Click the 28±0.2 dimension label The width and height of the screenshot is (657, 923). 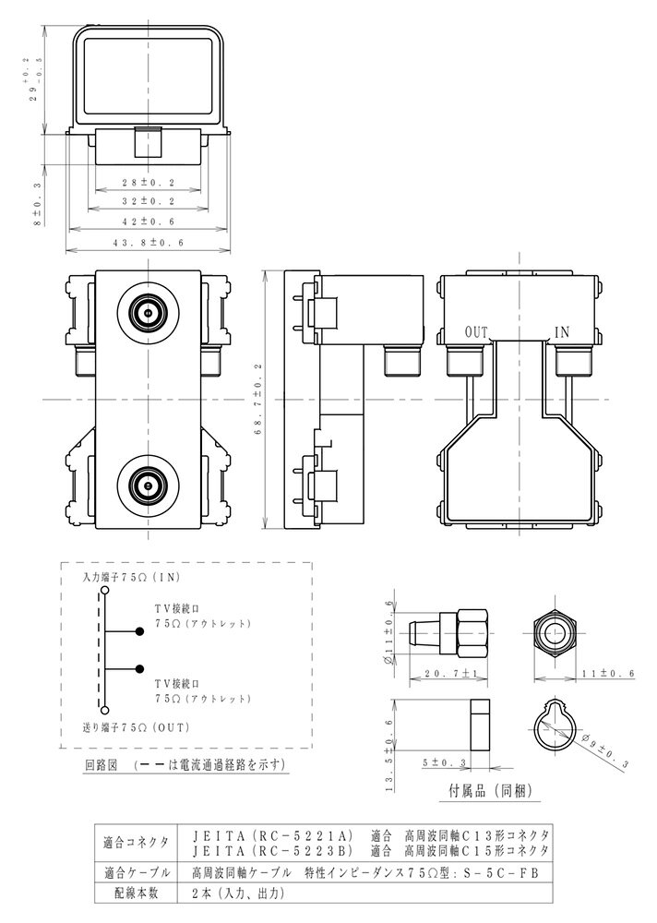(x=149, y=183)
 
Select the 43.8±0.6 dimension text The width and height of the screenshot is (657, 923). (x=149, y=243)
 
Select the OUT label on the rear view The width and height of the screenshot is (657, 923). (x=476, y=332)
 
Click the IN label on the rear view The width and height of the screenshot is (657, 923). (x=562, y=332)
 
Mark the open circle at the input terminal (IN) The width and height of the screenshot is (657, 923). (x=104, y=590)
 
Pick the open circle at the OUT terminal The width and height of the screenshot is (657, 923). (x=104, y=710)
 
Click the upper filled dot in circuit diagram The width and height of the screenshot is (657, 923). (x=139, y=631)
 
